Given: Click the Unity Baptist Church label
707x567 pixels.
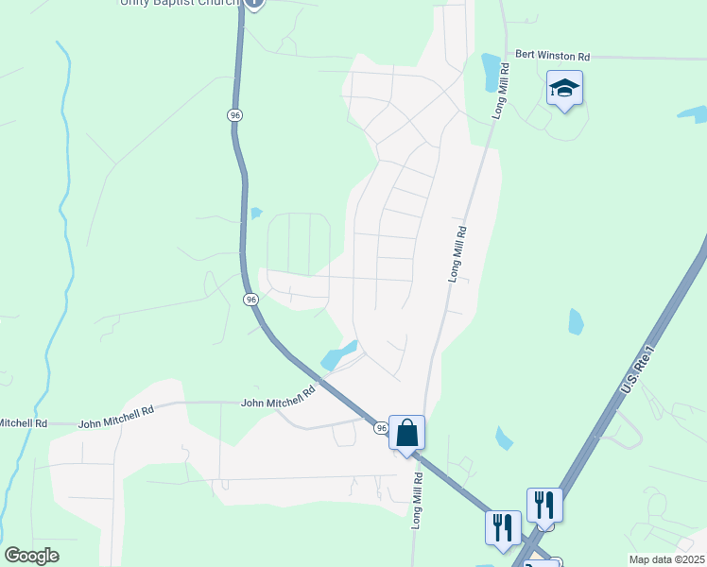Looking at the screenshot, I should [x=180, y=3].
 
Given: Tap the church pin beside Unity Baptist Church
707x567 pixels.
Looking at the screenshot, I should [x=254, y=3].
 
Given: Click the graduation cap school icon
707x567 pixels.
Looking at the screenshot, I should [x=564, y=90].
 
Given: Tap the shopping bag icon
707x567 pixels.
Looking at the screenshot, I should [x=406, y=434].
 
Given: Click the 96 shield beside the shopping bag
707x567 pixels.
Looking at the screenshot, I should [x=381, y=428].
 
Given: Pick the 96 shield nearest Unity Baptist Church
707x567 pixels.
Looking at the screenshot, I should [x=234, y=114].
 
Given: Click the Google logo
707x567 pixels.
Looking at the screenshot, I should [x=31, y=556].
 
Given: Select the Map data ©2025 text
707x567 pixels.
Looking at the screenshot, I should [x=666, y=559].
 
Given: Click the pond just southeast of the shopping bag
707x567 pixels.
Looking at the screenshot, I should [x=504, y=438].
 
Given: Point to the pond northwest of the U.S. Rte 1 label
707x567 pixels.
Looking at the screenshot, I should [x=576, y=322].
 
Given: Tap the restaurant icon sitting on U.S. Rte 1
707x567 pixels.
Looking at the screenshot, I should [x=544, y=505].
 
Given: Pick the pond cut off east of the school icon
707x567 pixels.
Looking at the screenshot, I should [x=694, y=114].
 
